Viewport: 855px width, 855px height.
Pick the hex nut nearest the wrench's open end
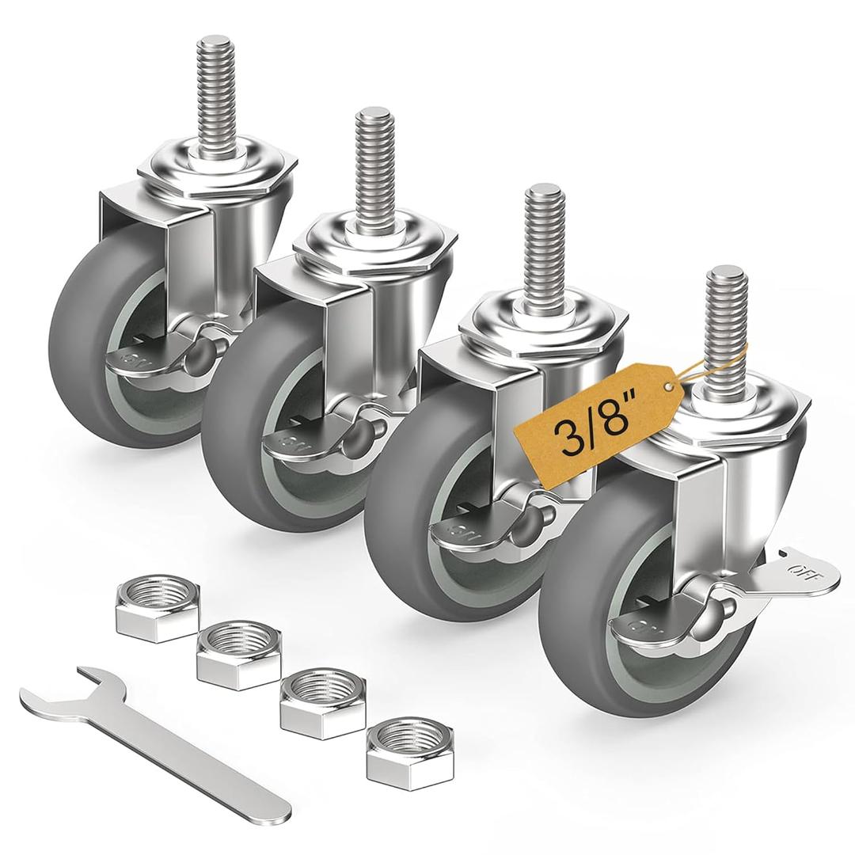point(156,606)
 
